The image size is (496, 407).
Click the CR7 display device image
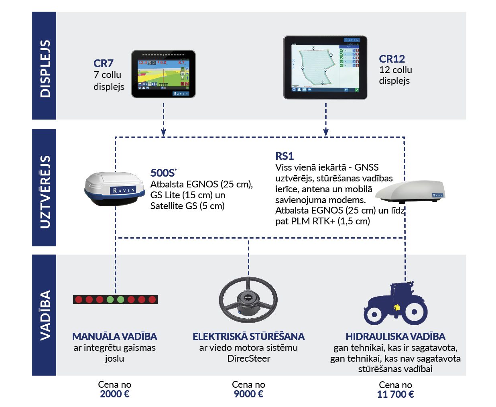(x=163, y=74)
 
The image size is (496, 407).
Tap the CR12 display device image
(x=325, y=67)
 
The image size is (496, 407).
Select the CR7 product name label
(x=104, y=63)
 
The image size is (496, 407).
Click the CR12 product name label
(x=392, y=59)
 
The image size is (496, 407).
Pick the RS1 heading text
(x=285, y=156)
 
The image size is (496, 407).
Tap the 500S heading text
(x=163, y=173)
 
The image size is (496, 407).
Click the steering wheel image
(x=248, y=300)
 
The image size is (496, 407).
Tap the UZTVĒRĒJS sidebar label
(x=45, y=192)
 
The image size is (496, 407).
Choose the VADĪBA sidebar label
(x=45, y=315)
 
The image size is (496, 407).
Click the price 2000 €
(x=115, y=394)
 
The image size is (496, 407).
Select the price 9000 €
(x=248, y=394)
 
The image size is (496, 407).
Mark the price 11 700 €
(x=395, y=394)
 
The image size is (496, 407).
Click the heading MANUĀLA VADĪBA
(x=115, y=336)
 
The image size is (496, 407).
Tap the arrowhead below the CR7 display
(x=163, y=132)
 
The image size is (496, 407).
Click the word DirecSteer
(x=248, y=358)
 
